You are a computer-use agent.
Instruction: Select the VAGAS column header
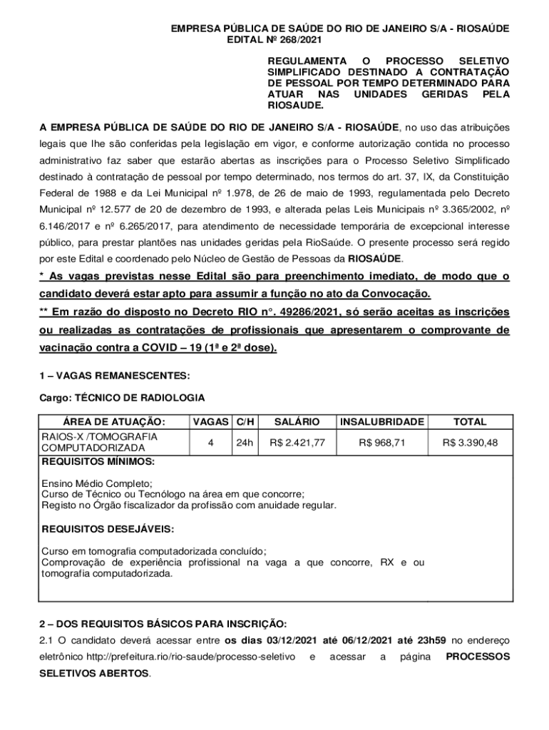[x=210, y=423]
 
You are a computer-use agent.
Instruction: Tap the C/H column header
[x=245, y=423]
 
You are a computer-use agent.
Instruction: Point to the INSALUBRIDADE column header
[x=382, y=423]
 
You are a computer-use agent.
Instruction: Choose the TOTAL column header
[x=470, y=423]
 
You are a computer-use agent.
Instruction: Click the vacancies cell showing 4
[x=210, y=443]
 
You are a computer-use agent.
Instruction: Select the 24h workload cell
[x=245, y=443]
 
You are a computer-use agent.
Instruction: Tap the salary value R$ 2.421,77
[x=297, y=443]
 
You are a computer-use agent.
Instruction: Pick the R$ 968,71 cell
[x=382, y=443]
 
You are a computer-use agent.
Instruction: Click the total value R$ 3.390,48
[x=470, y=443]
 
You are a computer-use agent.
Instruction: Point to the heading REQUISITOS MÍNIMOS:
[x=98, y=462]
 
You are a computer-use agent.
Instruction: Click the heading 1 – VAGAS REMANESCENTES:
[x=114, y=375]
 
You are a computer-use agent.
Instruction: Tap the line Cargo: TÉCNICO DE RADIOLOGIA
[x=122, y=397]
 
